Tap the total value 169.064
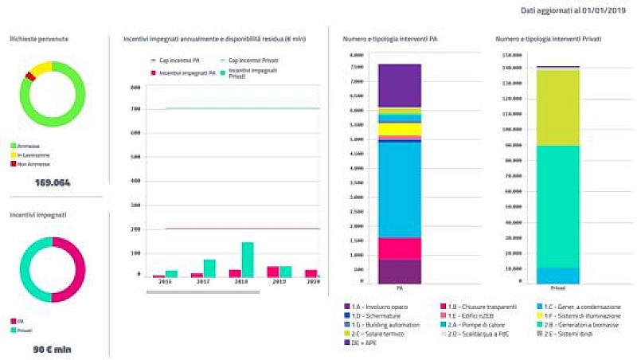click(x=53, y=182)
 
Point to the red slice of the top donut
click(x=29, y=76)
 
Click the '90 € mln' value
click(x=53, y=349)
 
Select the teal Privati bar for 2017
click(x=209, y=268)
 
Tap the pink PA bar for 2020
click(x=311, y=273)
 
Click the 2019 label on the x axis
click(x=280, y=282)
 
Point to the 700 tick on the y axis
click(x=136, y=108)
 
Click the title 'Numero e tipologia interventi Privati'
click(x=548, y=39)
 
